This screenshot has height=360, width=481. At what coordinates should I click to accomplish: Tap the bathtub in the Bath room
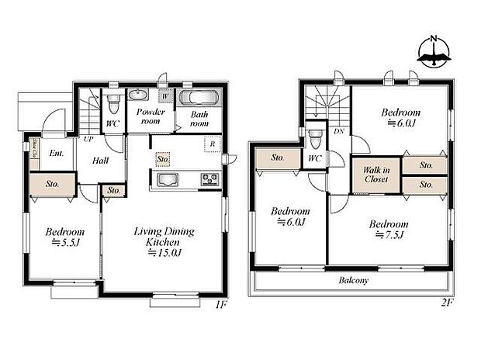coord(200,99)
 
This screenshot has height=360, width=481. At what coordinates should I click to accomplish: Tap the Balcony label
coord(354,281)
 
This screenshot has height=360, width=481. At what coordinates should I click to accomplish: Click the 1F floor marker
coord(220,305)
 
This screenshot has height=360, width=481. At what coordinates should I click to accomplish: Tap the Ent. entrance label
coord(56,154)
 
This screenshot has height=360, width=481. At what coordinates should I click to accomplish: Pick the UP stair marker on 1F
coord(89,140)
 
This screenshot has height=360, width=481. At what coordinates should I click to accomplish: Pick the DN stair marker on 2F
coord(339,132)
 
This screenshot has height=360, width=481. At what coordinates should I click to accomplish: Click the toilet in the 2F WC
coord(314,140)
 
